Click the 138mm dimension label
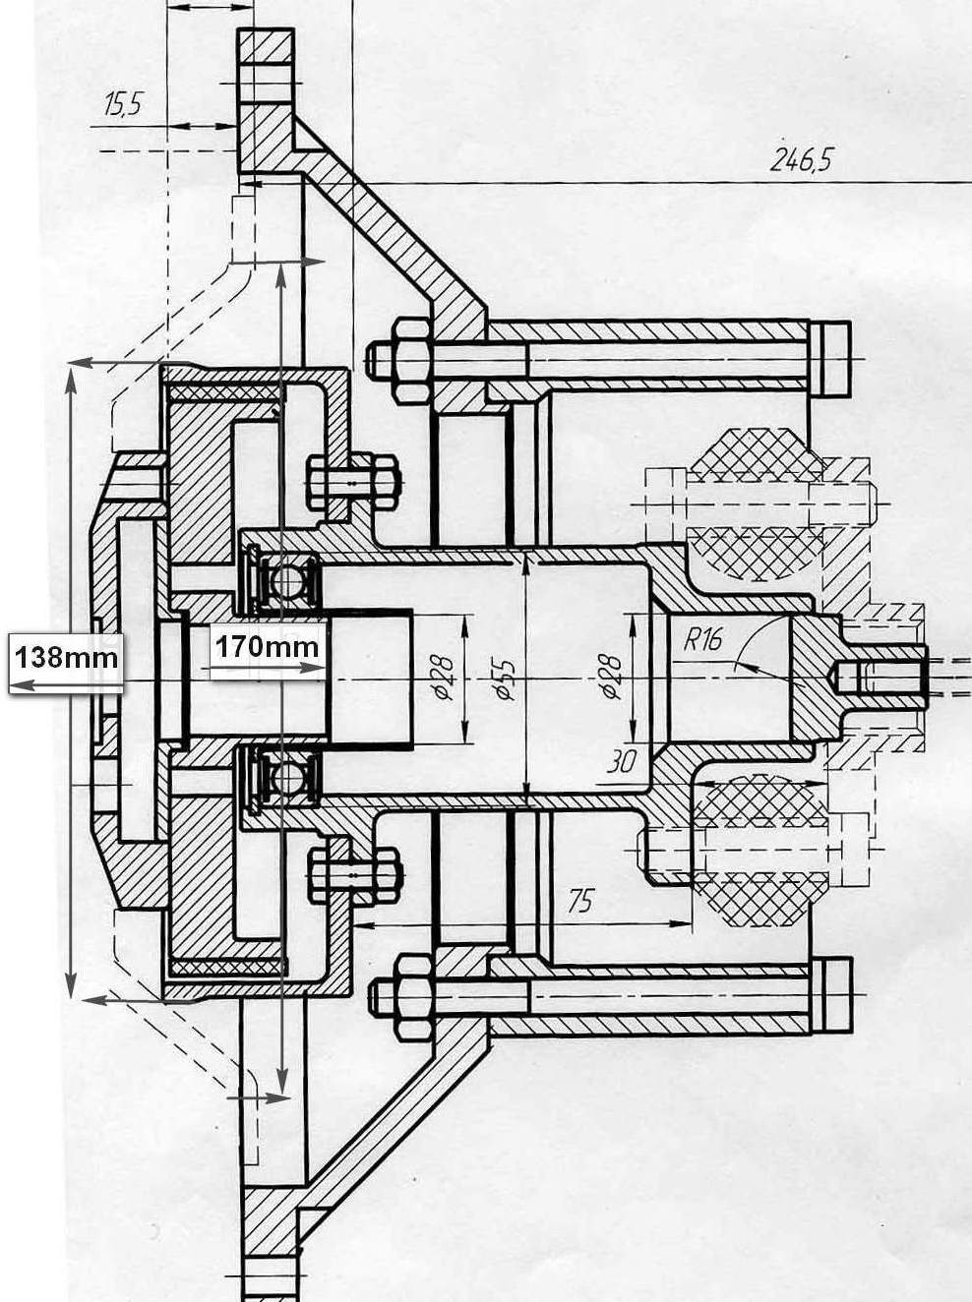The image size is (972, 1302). click(x=66, y=658)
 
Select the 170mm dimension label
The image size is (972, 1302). click(x=267, y=645)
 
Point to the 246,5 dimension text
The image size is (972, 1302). click(x=802, y=159)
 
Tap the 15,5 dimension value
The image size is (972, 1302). click(x=123, y=103)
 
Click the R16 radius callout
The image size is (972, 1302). click(x=703, y=639)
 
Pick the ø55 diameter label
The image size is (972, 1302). click(x=505, y=678)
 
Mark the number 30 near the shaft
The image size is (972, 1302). click(x=622, y=761)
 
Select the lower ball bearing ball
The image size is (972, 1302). click(x=289, y=774)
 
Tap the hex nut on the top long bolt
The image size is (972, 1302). click(x=411, y=361)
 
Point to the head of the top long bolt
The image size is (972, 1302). click(x=828, y=360)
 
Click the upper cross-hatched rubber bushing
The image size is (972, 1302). click(x=758, y=504)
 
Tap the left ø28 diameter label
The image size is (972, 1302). click(x=444, y=678)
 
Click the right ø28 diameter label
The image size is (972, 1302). click(x=610, y=678)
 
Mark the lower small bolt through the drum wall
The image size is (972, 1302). click(x=355, y=875)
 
